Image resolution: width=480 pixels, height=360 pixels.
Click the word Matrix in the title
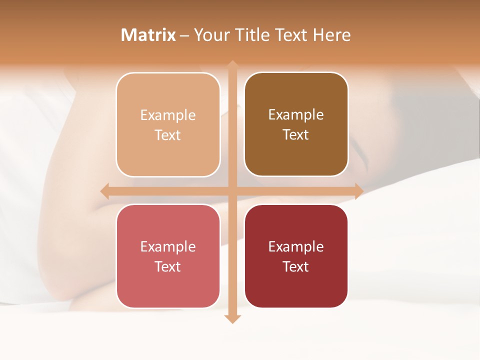[x=148, y=35]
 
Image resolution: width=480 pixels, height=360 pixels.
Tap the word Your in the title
[x=211, y=35]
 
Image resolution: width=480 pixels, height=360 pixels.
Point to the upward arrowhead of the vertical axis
[x=232, y=65]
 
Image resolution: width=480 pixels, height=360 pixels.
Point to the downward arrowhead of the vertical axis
[x=232, y=318]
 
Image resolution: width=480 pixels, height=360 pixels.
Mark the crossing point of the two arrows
[x=232, y=191]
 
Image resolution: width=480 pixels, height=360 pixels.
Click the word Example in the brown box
[x=296, y=114]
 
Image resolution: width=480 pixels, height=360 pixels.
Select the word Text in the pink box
[x=168, y=266]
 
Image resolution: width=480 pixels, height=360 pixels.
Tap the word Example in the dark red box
[x=296, y=246]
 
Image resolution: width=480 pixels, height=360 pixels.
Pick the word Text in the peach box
[x=168, y=135]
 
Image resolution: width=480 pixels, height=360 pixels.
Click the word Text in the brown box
[x=296, y=134]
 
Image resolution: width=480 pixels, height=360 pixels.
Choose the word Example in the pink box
[x=168, y=246]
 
